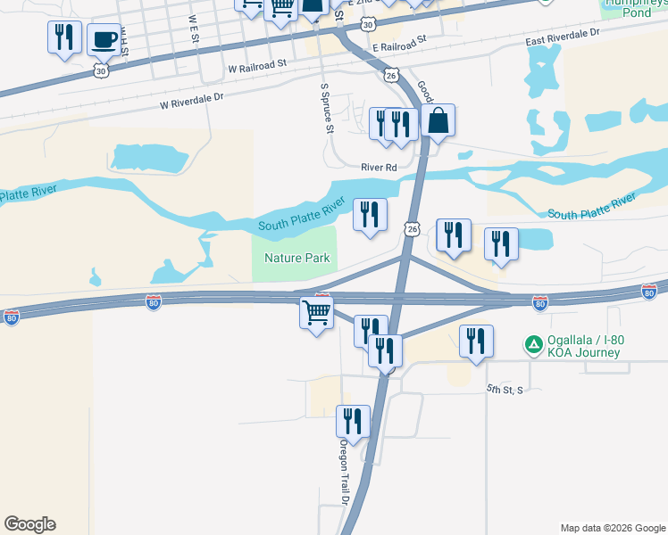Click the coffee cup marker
click(x=104, y=40)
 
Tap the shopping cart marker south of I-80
click(x=316, y=314)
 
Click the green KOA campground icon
click(x=533, y=343)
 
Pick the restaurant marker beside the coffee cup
click(x=63, y=38)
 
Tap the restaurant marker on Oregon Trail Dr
click(x=353, y=422)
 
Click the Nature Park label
click(x=297, y=259)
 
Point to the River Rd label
click(x=379, y=167)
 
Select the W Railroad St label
click(x=257, y=65)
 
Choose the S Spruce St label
click(x=327, y=109)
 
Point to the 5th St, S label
click(x=505, y=390)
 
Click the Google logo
click(x=29, y=524)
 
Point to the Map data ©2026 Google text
click(x=613, y=528)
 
